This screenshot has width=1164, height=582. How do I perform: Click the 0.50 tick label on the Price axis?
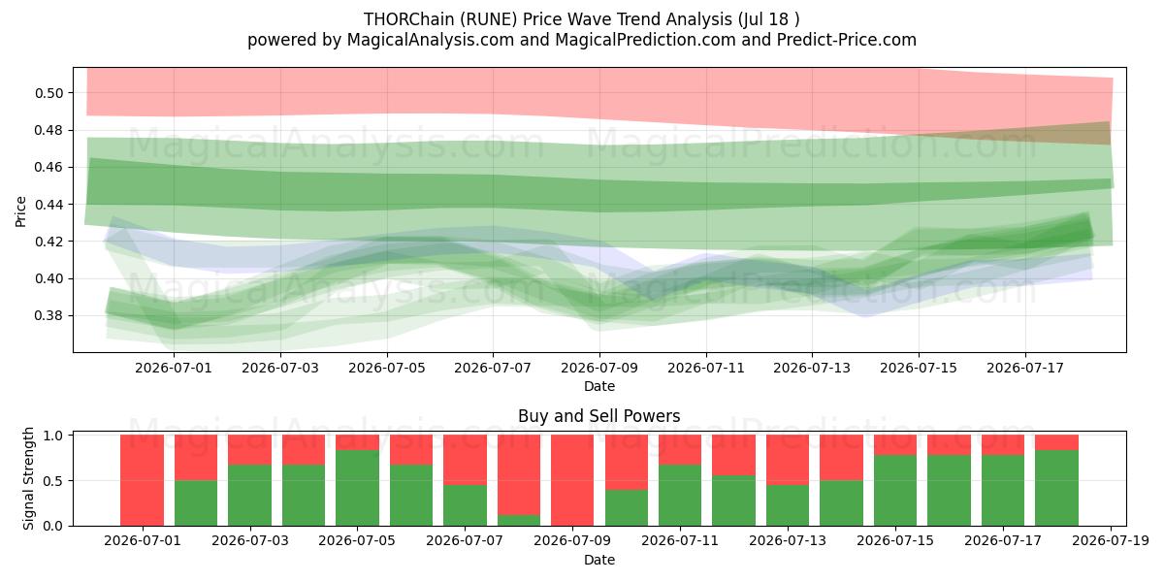pyautogui.click(x=48, y=93)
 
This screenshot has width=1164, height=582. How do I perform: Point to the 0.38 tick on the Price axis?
pyautogui.click(x=48, y=316)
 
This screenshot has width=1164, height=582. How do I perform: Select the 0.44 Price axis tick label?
pyautogui.click(x=48, y=205)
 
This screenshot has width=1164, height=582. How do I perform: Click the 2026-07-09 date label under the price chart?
pyautogui.click(x=599, y=368)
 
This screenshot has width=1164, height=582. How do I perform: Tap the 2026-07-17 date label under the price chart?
pyautogui.click(x=1025, y=368)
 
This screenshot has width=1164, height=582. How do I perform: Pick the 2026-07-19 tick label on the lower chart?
pyautogui.click(x=1111, y=540)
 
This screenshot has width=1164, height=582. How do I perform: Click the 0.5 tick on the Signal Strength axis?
pyautogui.click(x=53, y=481)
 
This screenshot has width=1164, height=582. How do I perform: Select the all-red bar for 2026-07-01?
pyautogui.click(x=142, y=480)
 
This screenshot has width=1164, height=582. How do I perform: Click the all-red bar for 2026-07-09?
pyautogui.click(x=572, y=480)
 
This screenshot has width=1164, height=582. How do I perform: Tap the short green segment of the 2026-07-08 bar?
pyautogui.click(x=519, y=520)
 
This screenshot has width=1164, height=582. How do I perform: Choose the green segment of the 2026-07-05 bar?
pyautogui.click(x=357, y=488)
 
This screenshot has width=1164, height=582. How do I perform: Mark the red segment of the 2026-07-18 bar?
pyautogui.click(x=1056, y=442)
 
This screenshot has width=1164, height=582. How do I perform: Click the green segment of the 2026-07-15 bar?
pyautogui.click(x=895, y=491)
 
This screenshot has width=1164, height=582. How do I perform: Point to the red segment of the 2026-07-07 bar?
pyautogui.click(x=465, y=460)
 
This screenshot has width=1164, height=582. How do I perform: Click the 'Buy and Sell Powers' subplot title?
pyautogui.click(x=599, y=416)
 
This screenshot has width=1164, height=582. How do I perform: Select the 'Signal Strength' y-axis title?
pyautogui.click(x=28, y=478)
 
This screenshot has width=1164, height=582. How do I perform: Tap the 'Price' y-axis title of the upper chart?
pyautogui.click(x=20, y=211)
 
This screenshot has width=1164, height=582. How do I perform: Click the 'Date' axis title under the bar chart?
pyautogui.click(x=599, y=560)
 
